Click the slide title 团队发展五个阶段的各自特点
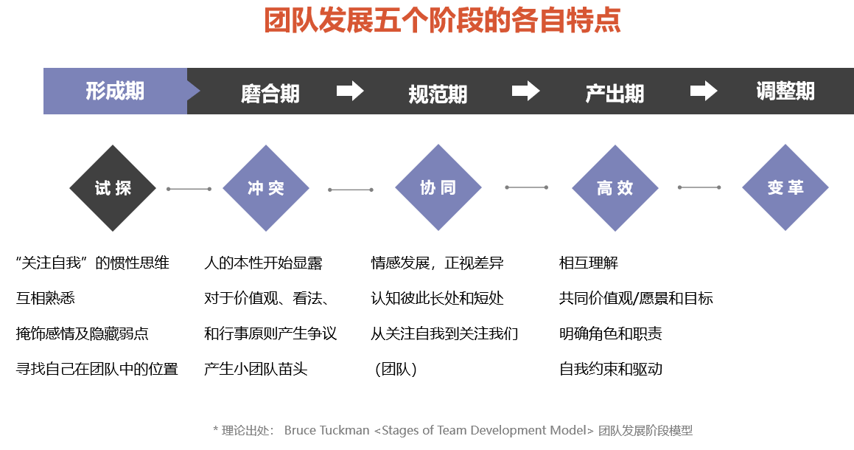(442, 21)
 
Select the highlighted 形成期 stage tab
(115, 91)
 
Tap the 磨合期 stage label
(270, 94)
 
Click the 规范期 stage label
(438, 94)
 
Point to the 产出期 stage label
(615, 93)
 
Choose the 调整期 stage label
(785, 91)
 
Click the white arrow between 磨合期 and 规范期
(350, 91)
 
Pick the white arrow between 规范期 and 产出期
(526, 91)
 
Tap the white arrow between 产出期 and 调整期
(704, 91)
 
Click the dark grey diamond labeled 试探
(113, 188)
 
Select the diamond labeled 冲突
(266, 188)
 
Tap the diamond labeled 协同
(438, 187)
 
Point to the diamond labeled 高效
(615, 188)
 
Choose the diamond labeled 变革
(785, 187)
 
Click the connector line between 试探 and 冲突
(189, 189)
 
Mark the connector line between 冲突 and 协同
(351, 190)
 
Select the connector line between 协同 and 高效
(526, 187)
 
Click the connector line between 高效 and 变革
(699, 187)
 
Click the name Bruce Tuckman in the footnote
(327, 430)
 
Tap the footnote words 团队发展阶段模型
(645, 430)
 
